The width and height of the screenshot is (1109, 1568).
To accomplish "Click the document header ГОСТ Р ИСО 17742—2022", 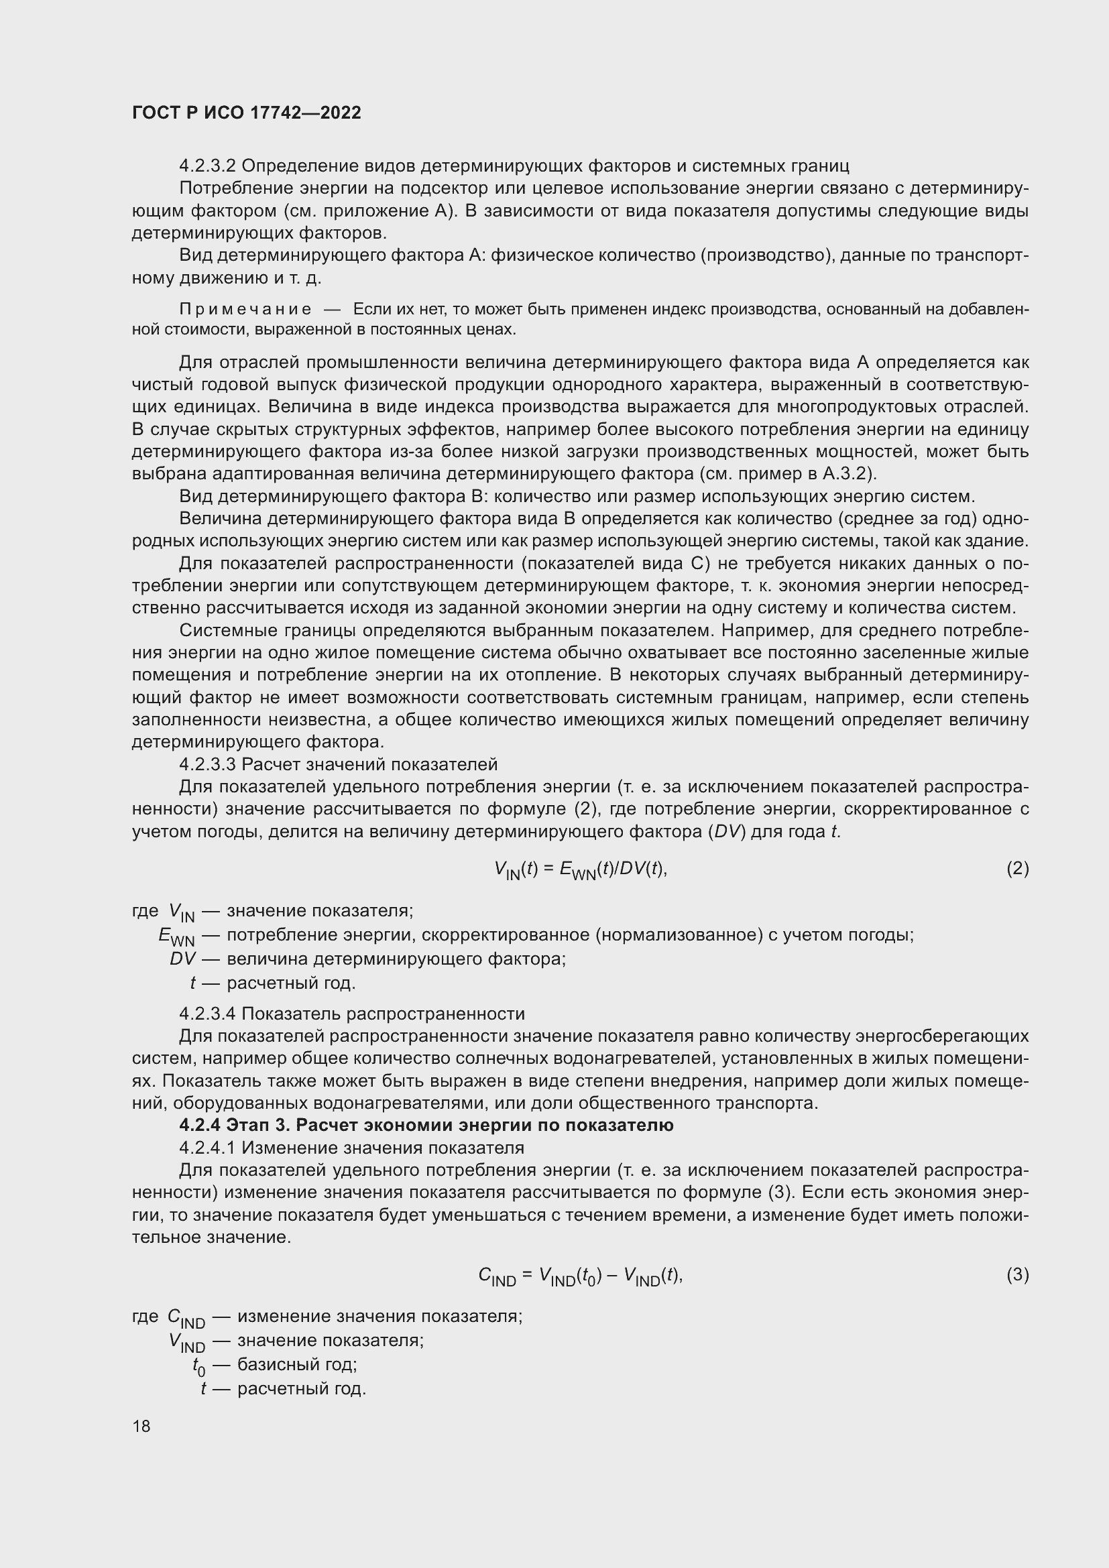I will pyautogui.click(x=247, y=113).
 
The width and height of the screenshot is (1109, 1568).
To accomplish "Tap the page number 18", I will pyautogui.click(x=141, y=1426).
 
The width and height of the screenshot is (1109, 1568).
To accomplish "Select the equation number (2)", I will pyautogui.click(x=1017, y=868).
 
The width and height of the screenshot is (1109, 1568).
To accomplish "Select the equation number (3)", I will pyautogui.click(x=1017, y=1274).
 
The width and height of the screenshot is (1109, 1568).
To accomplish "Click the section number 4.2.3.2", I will pyautogui.click(x=208, y=166).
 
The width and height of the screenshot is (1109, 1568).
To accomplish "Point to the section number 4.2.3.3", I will pyautogui.click(x=208, y=764).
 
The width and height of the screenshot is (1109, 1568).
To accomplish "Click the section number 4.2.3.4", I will pyautogui.click(x=208, y=1014).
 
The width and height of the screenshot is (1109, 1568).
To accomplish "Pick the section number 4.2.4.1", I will pyautogui.click(x=208, y=1147).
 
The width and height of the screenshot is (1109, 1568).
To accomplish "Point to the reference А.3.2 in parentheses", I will pyautogui.click(x=846, y=474).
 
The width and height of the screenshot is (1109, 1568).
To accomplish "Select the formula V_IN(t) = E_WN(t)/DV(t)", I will pyautogui.click(x=580, y=869).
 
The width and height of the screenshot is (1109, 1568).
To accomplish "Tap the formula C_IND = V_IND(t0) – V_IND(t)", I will pyautogui.click(x=580, y=1276).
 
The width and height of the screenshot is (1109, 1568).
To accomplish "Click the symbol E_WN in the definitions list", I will pyautogui.click(x=176, y=937).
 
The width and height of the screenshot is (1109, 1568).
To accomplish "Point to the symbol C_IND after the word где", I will pyautogui.click(x=186, y=1317).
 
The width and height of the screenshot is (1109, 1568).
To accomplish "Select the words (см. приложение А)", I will pyautogui.click(x=368, y=211).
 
